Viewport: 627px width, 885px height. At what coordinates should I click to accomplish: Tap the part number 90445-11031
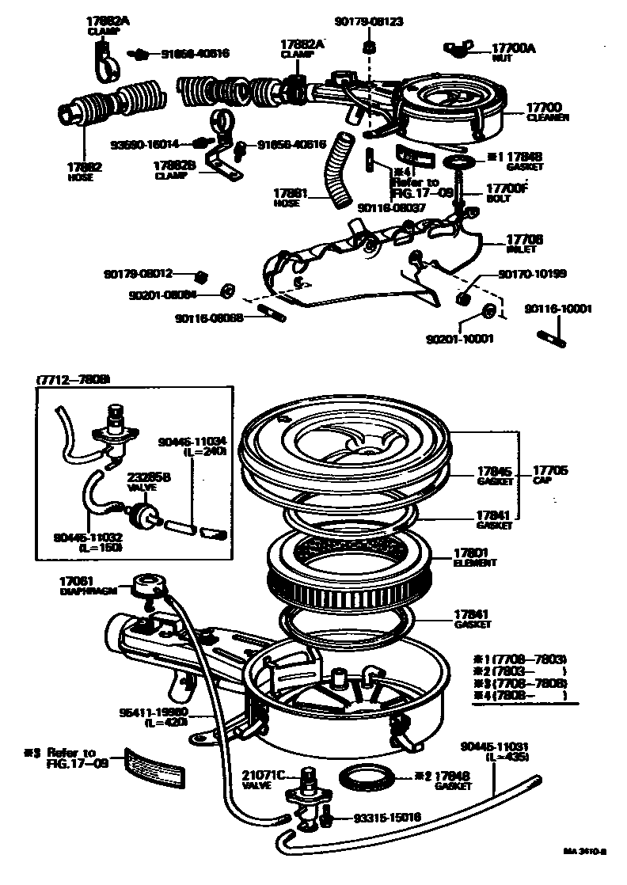click(495, 746)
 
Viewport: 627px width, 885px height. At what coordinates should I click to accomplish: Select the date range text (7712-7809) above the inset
click(74, 378)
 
